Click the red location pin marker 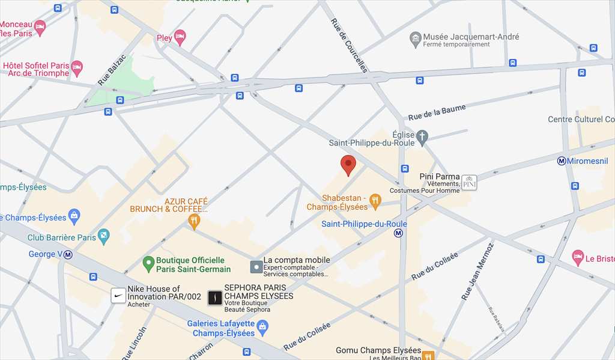(348, 164)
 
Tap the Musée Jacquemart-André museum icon (415, 40)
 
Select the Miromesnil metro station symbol (562, 160)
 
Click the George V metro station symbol (68, 254)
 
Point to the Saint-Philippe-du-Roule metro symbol (399, 234)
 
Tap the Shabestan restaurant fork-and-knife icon (375, 201)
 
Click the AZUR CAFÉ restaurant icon (193, 221)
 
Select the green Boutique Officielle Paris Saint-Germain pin (148, 263)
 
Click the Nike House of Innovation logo (118, 296)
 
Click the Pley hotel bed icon (180, 38)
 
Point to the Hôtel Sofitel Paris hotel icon (76, 68)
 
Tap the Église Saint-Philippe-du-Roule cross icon (423, 136)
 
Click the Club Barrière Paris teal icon (104, 236)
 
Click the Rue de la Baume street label (437, 112)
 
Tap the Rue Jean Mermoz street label (477, 271)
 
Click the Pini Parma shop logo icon (469, 183)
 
